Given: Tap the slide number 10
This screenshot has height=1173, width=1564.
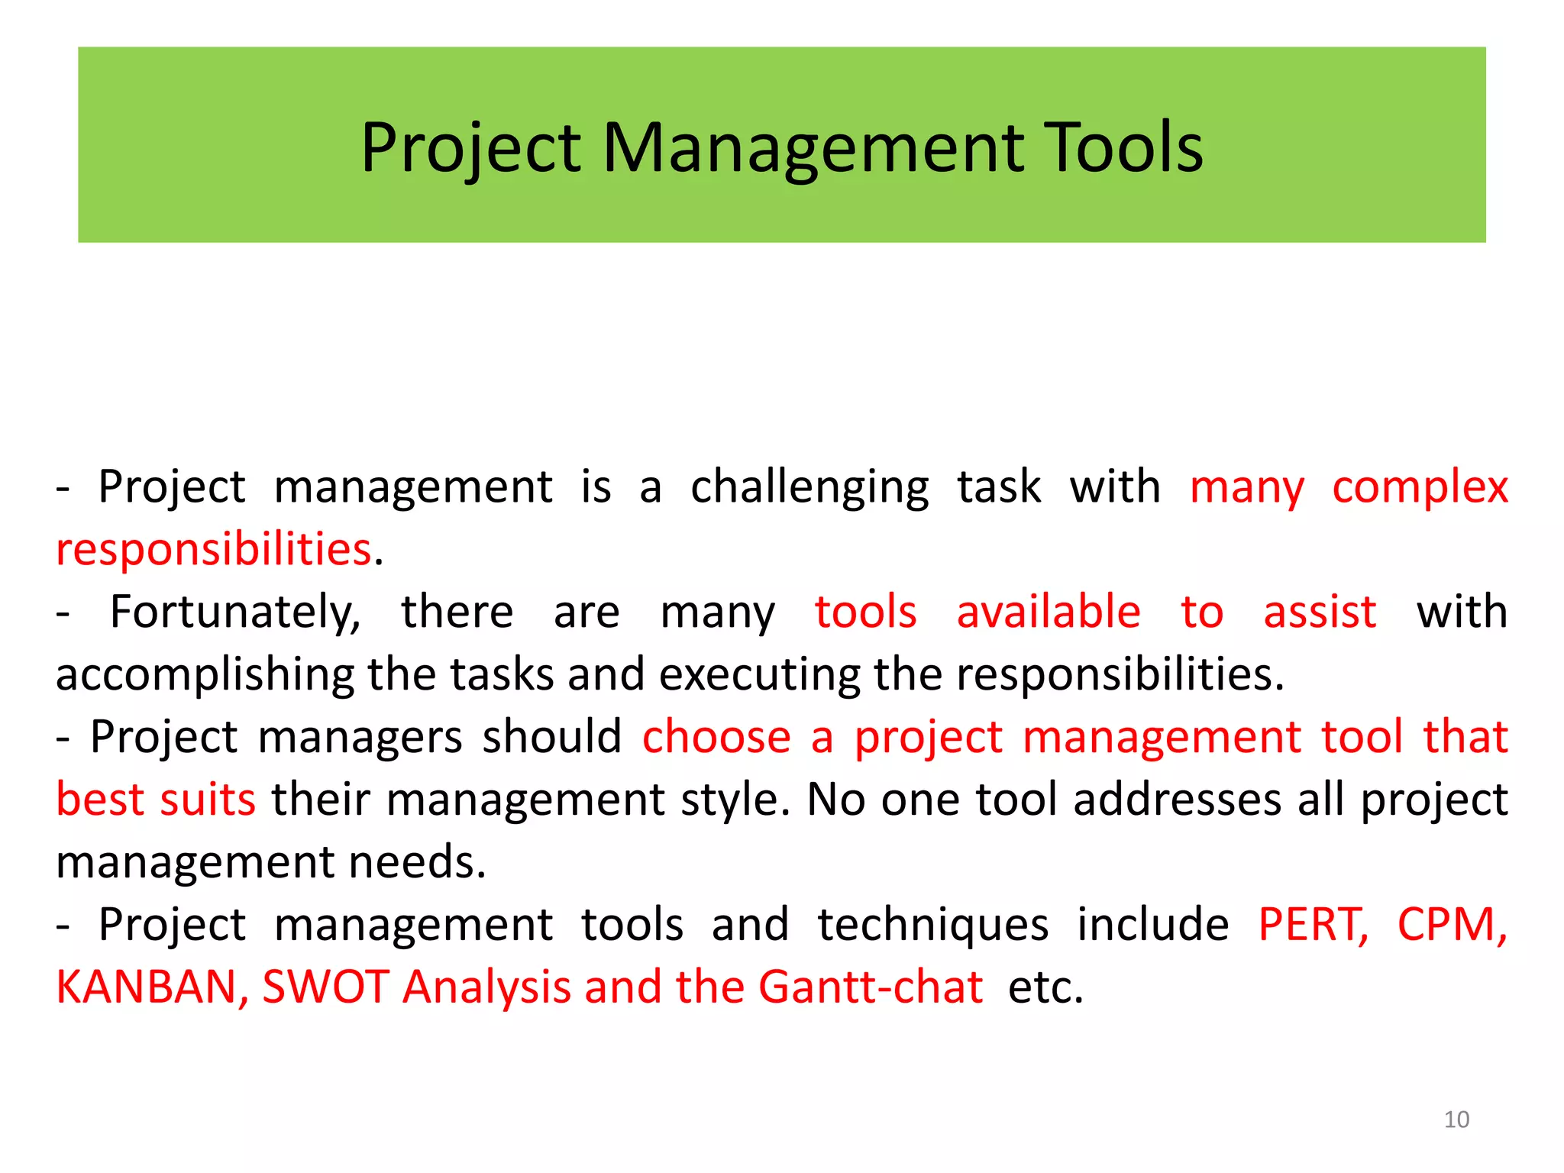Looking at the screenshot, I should [x=1456, y=1120].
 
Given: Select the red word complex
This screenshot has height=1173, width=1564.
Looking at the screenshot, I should [x=1420, y=487].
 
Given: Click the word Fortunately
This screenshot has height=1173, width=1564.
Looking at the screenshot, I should [x=234, y=613].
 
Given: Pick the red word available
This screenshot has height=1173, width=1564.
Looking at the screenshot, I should [x=1048, y=612].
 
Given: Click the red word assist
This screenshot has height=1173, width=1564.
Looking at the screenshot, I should [x=1319, y=612].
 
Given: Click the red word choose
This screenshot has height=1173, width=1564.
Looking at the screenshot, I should [x=716, y=738].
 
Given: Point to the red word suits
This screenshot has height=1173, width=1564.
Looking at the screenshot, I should [x=207, y=800].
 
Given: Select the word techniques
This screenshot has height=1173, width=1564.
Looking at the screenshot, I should [x=932, y=925].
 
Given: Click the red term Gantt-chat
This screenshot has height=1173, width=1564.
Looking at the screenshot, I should [x=870, y=987].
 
